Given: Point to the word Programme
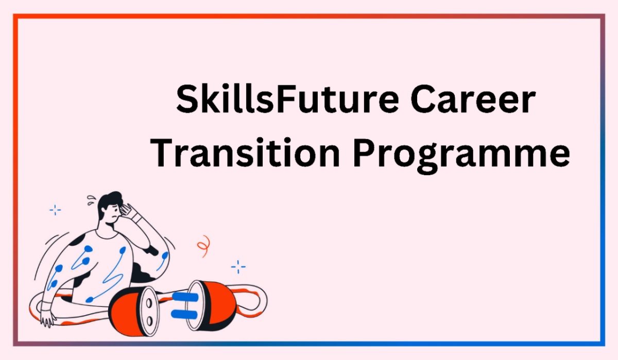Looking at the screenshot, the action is (461, 156).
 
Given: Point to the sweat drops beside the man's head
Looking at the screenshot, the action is (91, 200).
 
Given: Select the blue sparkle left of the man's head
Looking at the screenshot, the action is (55, 210).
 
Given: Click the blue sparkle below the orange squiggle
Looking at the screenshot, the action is (238, 267).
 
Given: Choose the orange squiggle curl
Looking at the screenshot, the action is (204, 246).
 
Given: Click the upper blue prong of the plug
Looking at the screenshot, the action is (185, 297).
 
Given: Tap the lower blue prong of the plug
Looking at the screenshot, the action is (184, 314).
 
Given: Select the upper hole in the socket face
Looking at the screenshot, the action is (149, 303).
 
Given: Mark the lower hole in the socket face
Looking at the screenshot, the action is (149, 321).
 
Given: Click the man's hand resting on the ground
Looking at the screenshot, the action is (47, 319).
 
